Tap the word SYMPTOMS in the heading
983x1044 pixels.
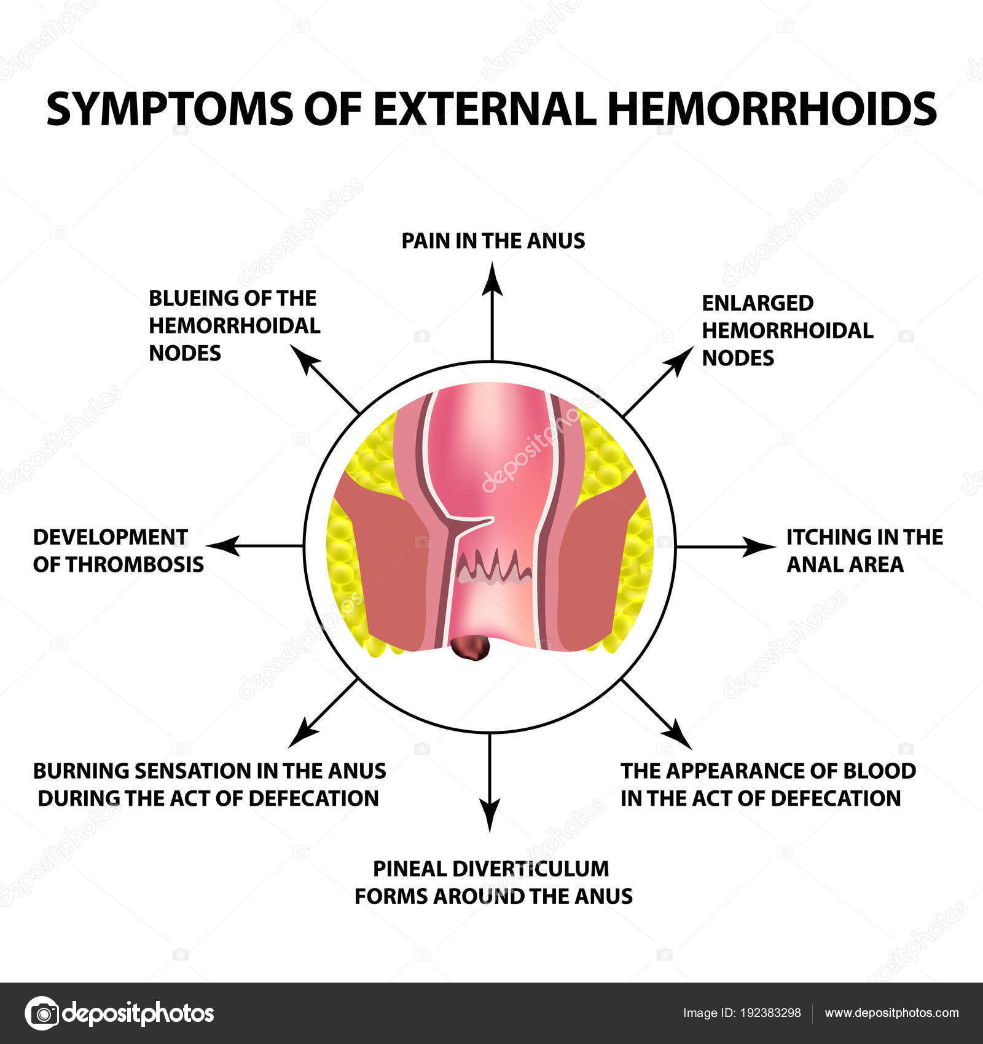(x=170, y=109)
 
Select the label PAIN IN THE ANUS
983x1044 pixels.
(x=493, y=241)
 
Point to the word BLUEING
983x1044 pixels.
(x=194, y=298)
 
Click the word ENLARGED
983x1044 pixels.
(x=758, y=303)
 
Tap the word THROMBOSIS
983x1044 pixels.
(x=135, y=564)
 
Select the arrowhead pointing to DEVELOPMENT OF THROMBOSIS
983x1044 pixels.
(x=222, y=545)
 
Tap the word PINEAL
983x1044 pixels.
(x=410, y=869)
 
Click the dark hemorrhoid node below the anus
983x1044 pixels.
(x=470, y=648)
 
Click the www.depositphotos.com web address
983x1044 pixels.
(x=891, y=1013)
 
